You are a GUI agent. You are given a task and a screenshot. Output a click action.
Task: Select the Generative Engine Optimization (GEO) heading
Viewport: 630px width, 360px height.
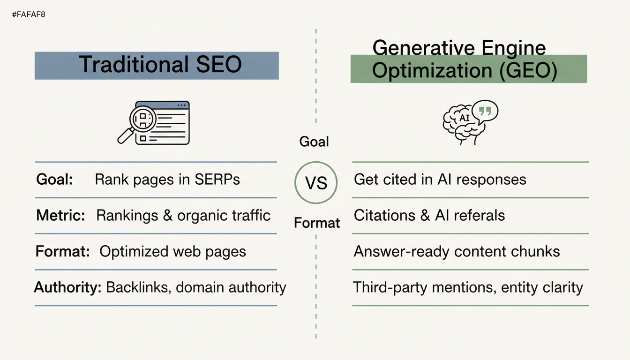tap(464, 61)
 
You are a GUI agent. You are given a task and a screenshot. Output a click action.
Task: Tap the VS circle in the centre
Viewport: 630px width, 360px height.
tap(316, 183)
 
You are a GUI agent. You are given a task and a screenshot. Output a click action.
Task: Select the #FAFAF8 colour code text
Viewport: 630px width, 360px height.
tap(28, 15)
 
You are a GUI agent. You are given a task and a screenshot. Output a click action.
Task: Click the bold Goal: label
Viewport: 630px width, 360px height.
tap(54, 180)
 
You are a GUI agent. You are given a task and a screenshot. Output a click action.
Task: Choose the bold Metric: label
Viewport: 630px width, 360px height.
tap(60, 216)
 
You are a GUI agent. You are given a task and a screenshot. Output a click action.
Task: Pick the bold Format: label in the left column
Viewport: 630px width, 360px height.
tap(63, 251)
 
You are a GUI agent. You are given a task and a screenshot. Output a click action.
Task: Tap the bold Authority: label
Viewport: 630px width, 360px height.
tap(68, 287)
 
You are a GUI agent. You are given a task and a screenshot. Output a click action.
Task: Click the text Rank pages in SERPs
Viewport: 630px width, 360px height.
tap(167, 180)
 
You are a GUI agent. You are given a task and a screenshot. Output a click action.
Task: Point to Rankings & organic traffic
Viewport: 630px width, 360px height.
tap(183, 216)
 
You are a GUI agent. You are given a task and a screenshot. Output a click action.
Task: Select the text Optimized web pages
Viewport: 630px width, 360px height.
tap(172, 251)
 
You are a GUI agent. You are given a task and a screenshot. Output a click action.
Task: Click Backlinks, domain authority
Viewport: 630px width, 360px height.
tap(196, 287)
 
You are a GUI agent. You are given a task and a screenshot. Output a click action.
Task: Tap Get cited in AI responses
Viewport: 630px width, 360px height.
tap(440, 180)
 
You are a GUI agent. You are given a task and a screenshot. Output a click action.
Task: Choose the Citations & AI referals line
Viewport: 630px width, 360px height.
tap(429, 216)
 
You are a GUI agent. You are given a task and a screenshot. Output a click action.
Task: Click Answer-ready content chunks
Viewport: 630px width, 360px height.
tap(457, 251)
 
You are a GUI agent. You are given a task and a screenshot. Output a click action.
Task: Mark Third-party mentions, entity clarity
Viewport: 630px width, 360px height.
tap(468, 287)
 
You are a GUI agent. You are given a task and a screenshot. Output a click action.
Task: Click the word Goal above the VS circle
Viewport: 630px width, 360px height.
tap(314, 142)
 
